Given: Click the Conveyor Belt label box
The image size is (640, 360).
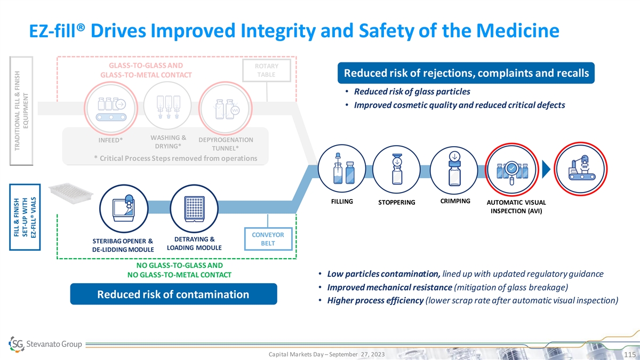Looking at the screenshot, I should pyautogui.click(x=268, y=239).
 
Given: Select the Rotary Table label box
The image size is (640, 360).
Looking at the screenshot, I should pyautogui.click(x=266, y=70).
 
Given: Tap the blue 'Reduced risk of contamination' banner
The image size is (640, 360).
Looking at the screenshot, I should pyautogui.click(x=173, y=294).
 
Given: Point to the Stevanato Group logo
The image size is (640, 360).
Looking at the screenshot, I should pyautogui.click(x=46, y=343).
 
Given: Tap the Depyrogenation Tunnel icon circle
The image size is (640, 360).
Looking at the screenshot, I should pyautogui.click(x=226, y=107).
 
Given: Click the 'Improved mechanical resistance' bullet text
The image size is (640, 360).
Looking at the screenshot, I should pyautogui.click(x=389, y=287).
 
